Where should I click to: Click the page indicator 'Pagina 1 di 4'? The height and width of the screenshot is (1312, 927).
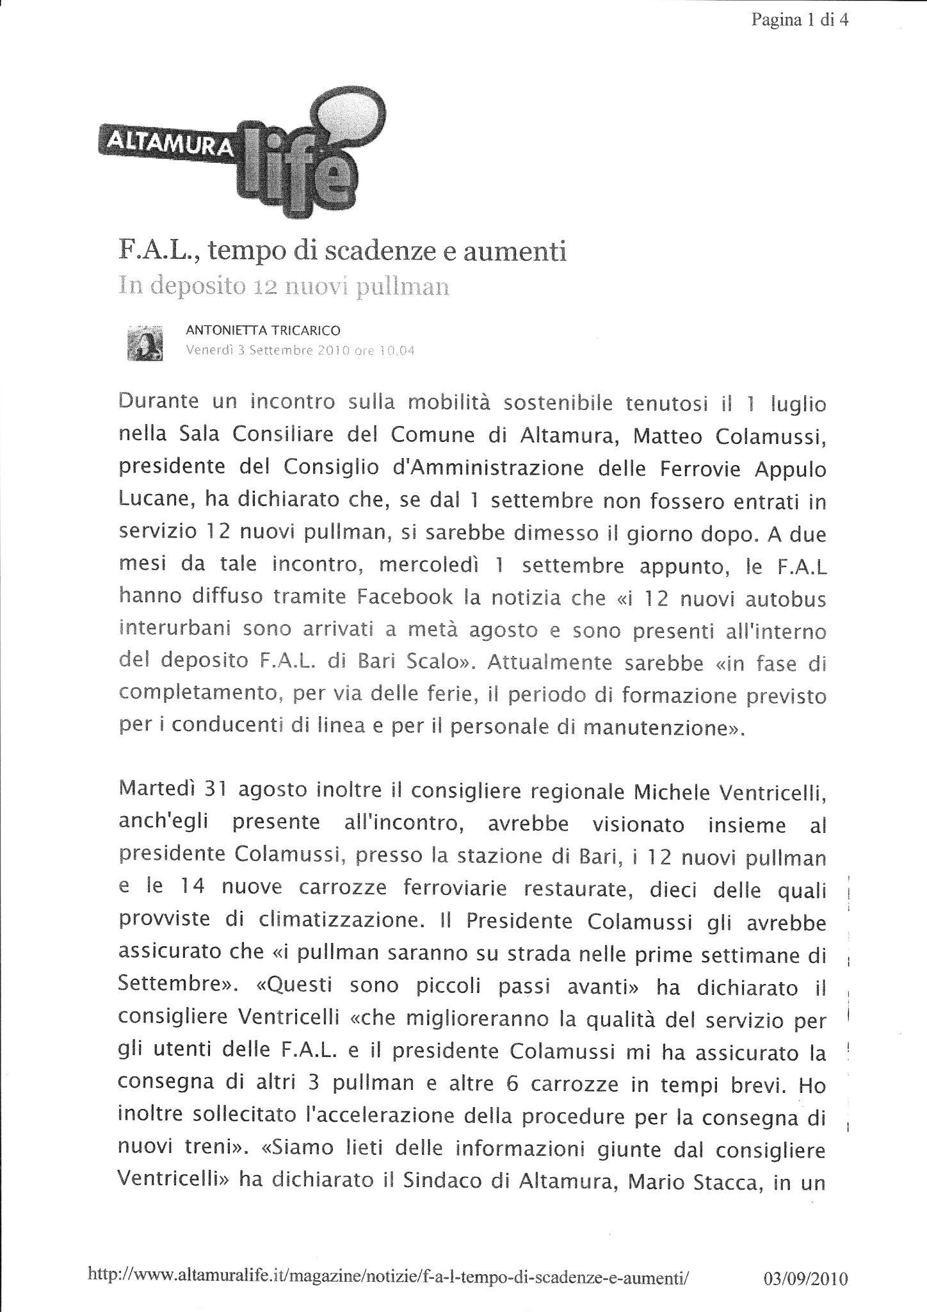click(x=800, y=20)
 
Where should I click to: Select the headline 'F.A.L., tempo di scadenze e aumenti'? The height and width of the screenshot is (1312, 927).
click(x=343, y=251)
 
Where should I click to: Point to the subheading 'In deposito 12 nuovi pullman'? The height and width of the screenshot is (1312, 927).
click(x=284, y=286)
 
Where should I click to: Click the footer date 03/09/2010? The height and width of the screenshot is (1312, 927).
click(x=806, y=1261)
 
